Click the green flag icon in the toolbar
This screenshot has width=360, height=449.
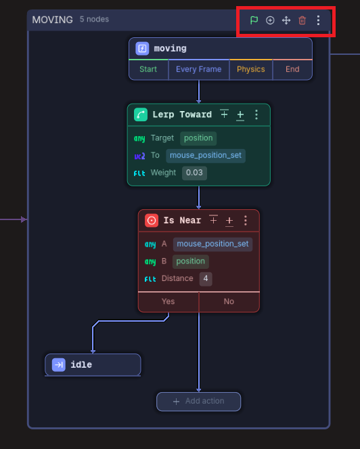point(254,20)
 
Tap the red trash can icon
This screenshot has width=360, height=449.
point(302,20)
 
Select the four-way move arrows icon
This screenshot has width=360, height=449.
point(286,20)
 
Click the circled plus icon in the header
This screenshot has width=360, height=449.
point(270,20)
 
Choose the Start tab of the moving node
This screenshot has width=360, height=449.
point(148,69)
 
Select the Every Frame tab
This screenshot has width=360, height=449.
point(198,69)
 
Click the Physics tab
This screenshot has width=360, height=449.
point(250,69)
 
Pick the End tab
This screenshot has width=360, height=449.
point(292,69)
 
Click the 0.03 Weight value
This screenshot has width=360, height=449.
point(194,173)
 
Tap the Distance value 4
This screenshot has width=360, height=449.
point(206,278)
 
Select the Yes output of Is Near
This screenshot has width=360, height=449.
point(168,301)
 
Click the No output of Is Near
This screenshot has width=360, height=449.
point(229,301)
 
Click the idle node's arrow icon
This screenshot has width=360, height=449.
point(59,365)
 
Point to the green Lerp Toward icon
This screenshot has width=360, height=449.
point(141,114)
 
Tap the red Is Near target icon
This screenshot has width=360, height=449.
point(152,221)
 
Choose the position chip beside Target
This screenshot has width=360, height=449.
point(198,138)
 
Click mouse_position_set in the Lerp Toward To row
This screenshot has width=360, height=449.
point(206,156)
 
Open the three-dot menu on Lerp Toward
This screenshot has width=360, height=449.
point(256,114)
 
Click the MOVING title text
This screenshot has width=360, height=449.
point(52,20)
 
